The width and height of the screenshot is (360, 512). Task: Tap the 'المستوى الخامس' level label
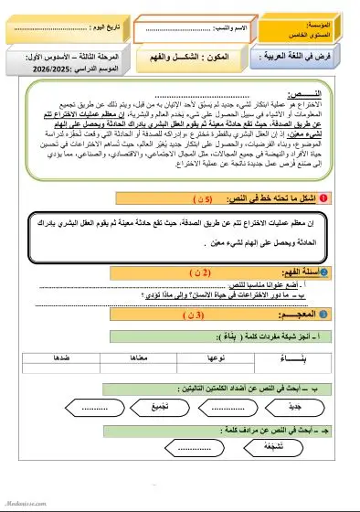coord(327,32)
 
